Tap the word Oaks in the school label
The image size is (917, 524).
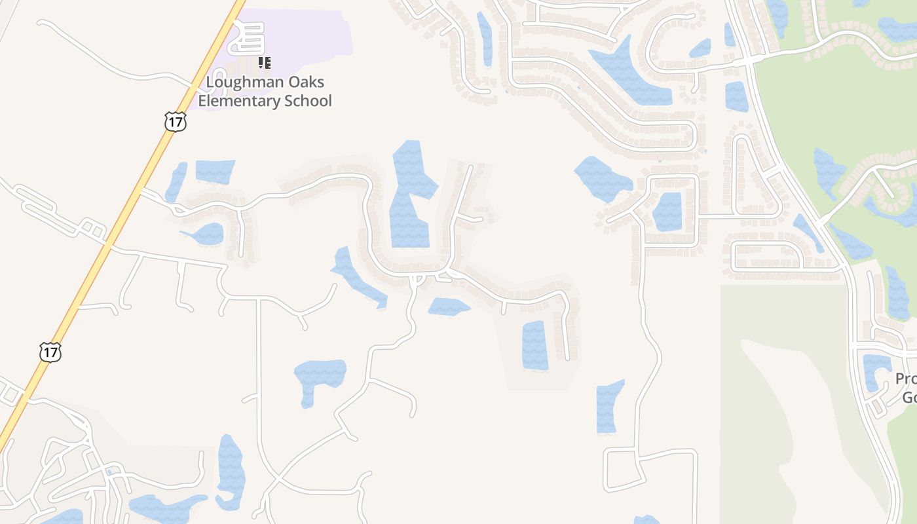(308, 83)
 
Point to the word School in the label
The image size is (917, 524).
(308, 101)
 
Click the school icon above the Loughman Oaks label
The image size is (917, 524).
(265, 63)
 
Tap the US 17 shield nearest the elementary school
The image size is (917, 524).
(175, 122)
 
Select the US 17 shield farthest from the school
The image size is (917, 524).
(50, 352)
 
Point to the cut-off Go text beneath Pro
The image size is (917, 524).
(909, 398)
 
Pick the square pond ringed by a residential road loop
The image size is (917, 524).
(667, 211)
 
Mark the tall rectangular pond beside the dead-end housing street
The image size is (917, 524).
(534, 345)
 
